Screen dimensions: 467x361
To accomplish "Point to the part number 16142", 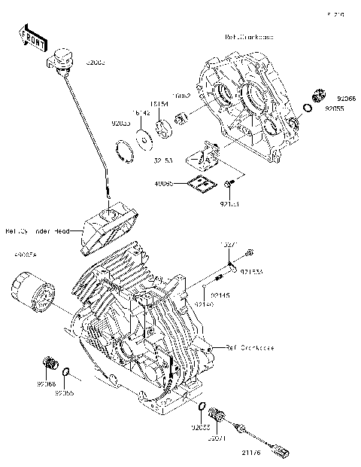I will (141, 112).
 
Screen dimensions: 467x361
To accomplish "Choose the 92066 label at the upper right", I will (346, 99).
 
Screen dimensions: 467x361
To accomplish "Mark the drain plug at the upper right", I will (317, 96).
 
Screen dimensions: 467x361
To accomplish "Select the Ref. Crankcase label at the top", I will (250, 35).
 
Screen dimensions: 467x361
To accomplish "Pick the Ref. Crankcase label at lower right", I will (250, 348).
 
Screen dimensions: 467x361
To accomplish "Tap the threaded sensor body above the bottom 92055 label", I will (220, 415).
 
